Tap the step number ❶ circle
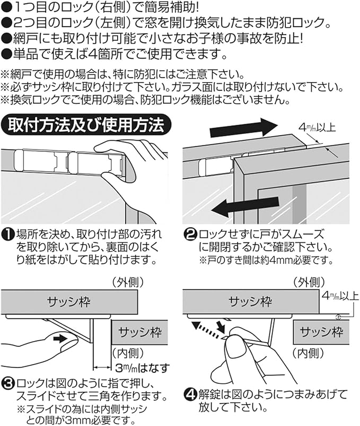(x=8, y=233)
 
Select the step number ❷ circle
(x=190, y=233)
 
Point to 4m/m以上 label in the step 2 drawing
(x=318, y=127)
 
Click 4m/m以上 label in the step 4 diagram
(x=339, y=295)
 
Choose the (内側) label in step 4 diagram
(x=308, y=351)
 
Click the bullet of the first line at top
(x=7, y=7)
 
